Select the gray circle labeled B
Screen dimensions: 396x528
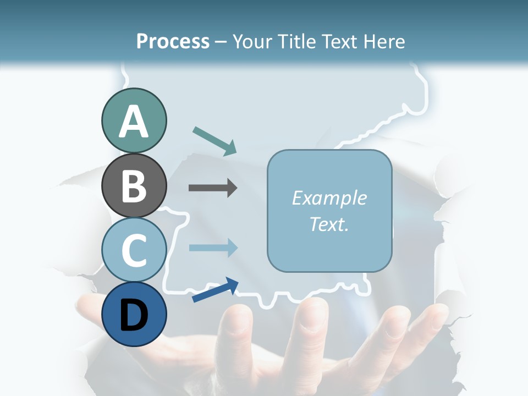134,186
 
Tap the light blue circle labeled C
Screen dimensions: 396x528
134,250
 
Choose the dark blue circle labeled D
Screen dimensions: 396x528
134,315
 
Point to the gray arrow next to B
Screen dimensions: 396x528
213,188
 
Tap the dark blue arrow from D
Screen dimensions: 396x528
215,290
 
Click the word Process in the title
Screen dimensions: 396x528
173,42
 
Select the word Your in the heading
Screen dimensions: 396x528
252,42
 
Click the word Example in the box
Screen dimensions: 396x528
329,198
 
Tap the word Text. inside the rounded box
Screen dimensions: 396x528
329,224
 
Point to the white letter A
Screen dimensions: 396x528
134,122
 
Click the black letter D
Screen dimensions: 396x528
134,316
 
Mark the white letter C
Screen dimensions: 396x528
134,251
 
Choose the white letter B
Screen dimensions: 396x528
134,186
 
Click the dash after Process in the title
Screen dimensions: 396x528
221,42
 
